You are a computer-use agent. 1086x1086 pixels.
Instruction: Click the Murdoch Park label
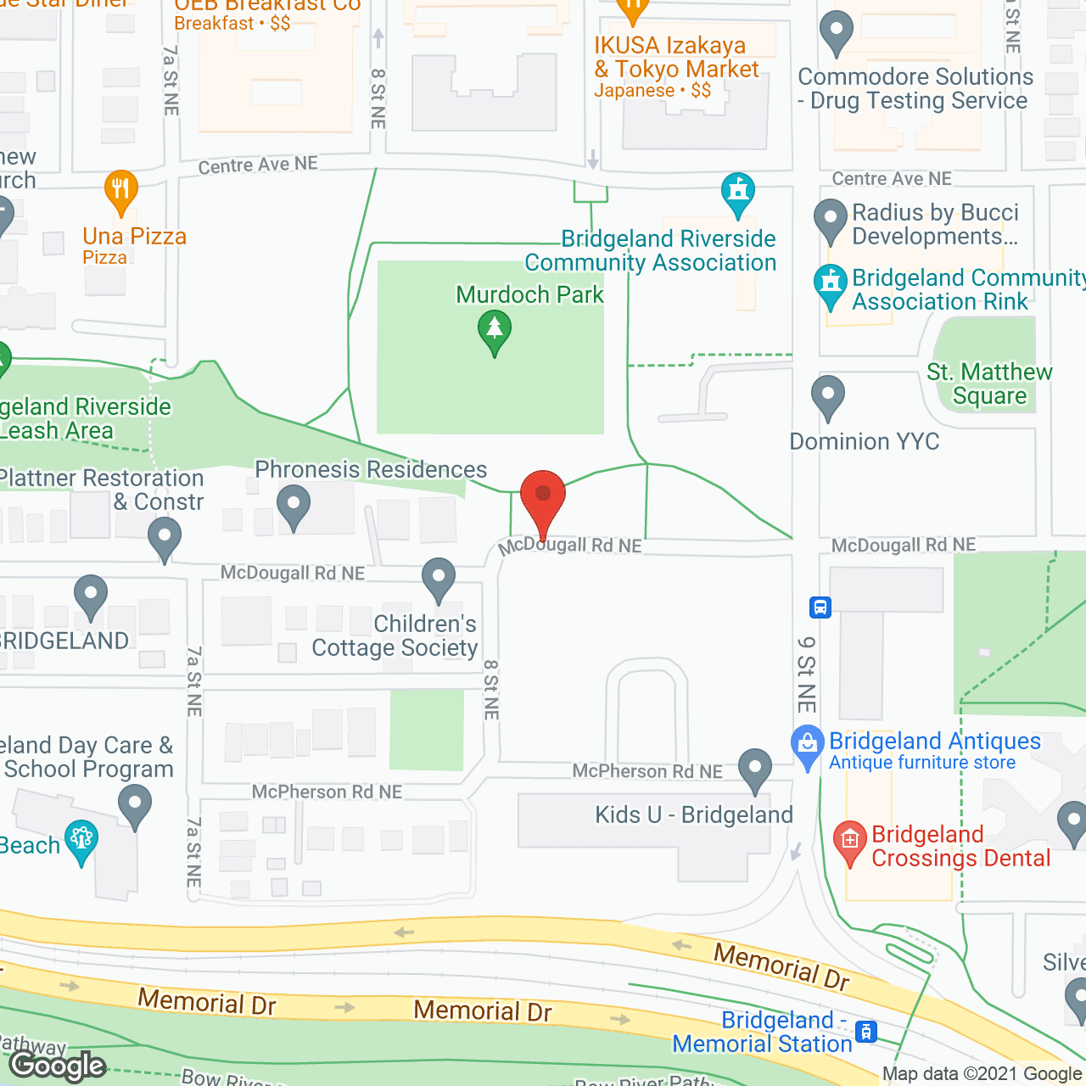(529, 294)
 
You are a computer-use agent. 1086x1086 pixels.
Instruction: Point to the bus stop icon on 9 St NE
(820, 607)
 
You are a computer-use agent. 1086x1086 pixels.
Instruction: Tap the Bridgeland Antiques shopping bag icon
(807, 744)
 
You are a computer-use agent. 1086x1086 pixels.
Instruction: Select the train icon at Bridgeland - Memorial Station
(865, 1032)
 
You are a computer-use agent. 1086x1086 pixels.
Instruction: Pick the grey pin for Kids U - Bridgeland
(754, 768)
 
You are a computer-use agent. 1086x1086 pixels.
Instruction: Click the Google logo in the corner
(58, 1066)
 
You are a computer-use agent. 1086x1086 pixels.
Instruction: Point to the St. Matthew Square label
(989, 383)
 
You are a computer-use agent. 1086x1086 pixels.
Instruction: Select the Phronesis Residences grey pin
(293, 505)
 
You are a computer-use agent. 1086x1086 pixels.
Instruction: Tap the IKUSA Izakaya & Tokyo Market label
(676, 57)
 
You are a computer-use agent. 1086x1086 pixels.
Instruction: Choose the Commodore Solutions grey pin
(837, 31)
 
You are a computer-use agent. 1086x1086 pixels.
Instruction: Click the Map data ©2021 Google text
(982, 1073)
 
